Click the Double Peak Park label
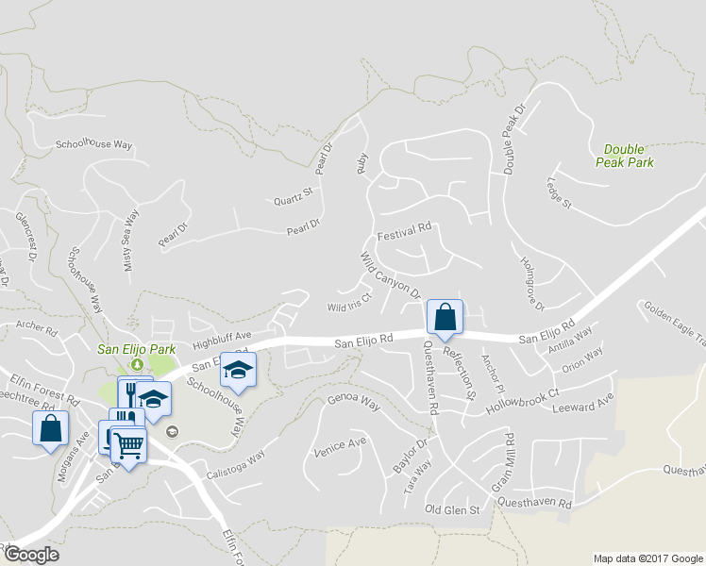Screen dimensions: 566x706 [629, 156]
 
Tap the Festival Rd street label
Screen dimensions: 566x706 [403, 229]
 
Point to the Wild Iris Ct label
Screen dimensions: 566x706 [350, 307]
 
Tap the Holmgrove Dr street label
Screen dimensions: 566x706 [528, 280]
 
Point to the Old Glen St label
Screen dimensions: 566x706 [453, 509]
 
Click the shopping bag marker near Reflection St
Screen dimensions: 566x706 [445, 318]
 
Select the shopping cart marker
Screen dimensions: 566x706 [129, 444]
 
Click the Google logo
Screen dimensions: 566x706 [31, 555]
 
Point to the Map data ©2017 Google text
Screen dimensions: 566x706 [647, 558]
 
